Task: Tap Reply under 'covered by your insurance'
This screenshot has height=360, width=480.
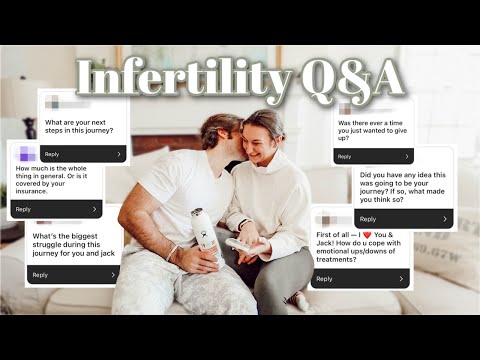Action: pos(24,209)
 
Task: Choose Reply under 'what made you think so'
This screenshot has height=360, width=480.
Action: pos(368,218)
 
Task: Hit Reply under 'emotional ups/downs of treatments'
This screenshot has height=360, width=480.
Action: pos(325,279)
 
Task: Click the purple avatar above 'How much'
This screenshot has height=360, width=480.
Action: pos(27,154)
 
